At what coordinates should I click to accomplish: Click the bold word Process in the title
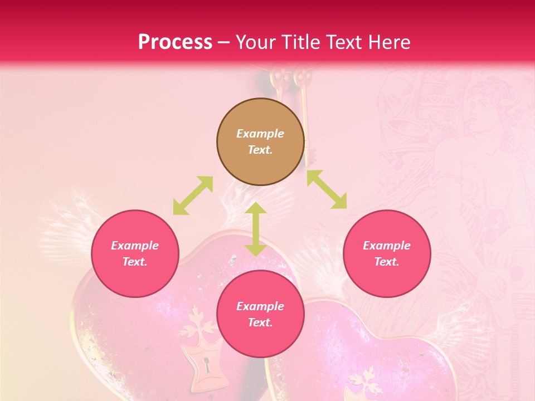[x=175, y=42]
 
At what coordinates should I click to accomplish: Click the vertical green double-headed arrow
[x=256, y=229]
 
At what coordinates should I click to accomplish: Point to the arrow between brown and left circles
[x=193, y=195]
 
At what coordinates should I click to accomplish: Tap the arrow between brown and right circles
[x=327, y=189]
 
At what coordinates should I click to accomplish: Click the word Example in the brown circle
[x=260, y=134]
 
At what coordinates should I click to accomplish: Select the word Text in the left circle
[x=134, y=262]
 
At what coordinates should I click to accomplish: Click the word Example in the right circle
[x=387, y=246]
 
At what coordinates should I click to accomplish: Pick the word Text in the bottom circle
[x=260, y=322]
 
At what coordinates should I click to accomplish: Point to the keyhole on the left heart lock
[x=207, y=366]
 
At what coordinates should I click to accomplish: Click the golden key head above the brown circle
[x=303, y=77]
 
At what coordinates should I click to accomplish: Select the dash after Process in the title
[x=224, y=42]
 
